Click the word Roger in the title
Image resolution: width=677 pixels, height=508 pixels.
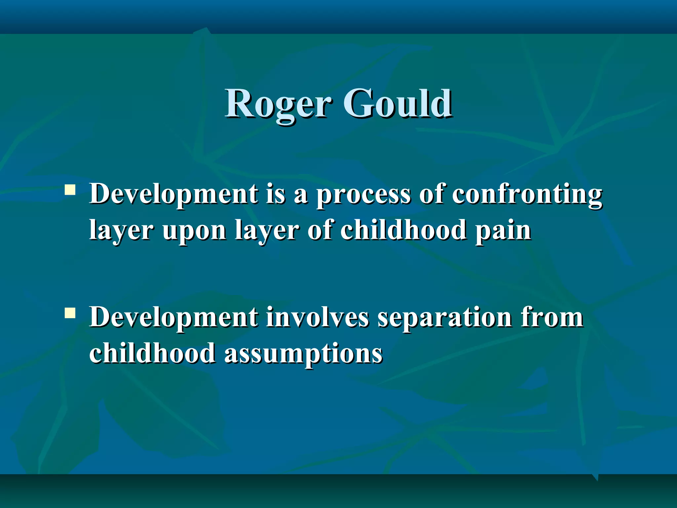pyautogui.click(x=278, y=104)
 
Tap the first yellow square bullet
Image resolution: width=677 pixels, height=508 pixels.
pyautogui.click(x=70, y=190)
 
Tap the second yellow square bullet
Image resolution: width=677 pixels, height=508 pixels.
pyautogui.click(x=70, y=313)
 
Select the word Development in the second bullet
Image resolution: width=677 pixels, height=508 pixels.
pyautogui.click(x=174, y=317)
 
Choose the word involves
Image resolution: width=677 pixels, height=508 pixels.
pyautogui.click(x=317, y=317)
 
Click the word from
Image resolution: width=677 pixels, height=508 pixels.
pyautogui.click(x=552, y=317)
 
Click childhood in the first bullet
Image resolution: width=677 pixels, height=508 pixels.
pyautogui.click(x=403, y=230)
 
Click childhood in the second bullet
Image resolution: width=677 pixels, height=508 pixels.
pyautogui.click(x=152, y=353)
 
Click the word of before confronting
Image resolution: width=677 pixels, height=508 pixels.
pyautogui.click(x=431, y=194)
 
